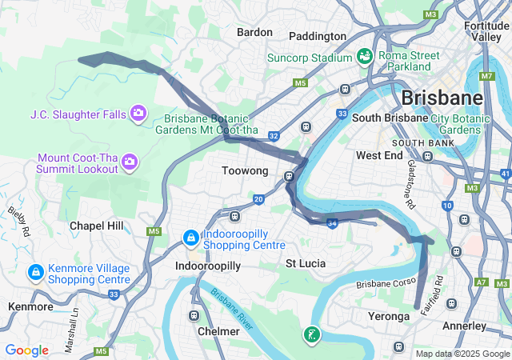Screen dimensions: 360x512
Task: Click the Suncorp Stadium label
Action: pyautogui.click(x=309, y=58)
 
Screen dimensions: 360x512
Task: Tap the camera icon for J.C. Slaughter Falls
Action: pyautogui.click(x=138, y=114)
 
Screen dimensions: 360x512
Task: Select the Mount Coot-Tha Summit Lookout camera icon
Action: pyautogui.click(x=130, y=163)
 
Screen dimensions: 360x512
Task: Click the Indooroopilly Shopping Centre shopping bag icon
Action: pyautogui.click(x=191, y=238)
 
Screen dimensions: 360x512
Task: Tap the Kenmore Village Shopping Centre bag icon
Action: pyautogui.click(x=35, y=273)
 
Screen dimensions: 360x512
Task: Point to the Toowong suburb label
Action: pyautogui.click(x=244, y=171)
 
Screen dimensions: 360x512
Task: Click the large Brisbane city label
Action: pyautogui.click(x=442, y=98)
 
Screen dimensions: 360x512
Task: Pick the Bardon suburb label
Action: pyautogui.click(x=254, y=33)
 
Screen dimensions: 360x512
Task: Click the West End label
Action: pyautogui.click(x=379, y=155)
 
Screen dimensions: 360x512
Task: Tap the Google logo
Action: pyautogui.click(x=26, y=350)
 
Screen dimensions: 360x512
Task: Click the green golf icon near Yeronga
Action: pyautogui.click(x=312, y=335)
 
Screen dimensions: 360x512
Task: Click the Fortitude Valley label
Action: pyautogui.click(x=486, y=31)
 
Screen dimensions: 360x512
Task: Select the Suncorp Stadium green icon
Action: pyautogui.click(x=365, y=57)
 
